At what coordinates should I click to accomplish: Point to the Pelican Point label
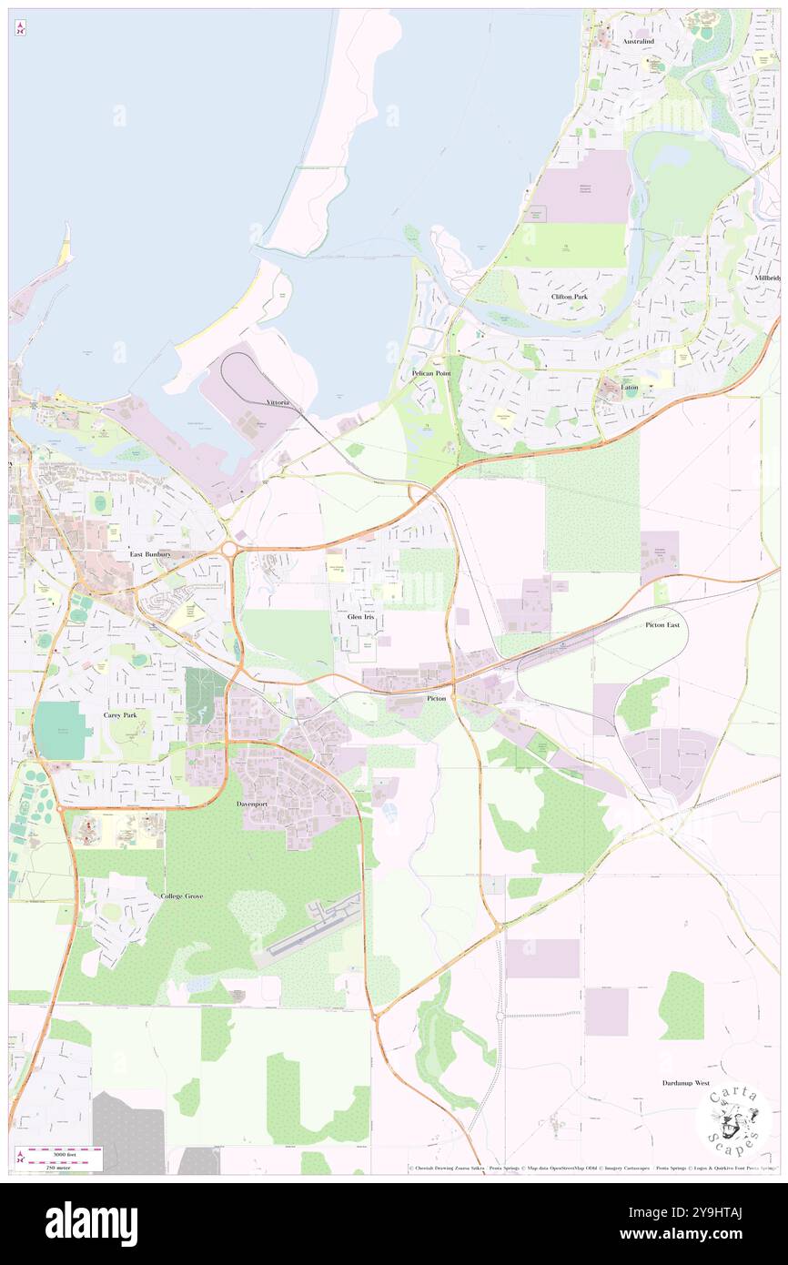pyautogui.click(x=430, y=373)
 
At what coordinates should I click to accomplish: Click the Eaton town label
pyautogui.click(x=630, y=388)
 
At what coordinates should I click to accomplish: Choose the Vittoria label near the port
pyautogui.click(x=278, y=401)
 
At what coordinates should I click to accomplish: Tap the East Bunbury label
pyautogui.click(x=150, y=553)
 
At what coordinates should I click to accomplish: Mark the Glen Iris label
pyautogui.click(x=360, y=617)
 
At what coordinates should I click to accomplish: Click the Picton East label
pyautogui.click(x=662, y=625)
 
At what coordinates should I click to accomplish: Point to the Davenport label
pyautogui.click(x=254, y=805)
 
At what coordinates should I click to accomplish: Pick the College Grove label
pyautogui.click(x=181, y=896)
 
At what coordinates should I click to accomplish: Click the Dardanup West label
pyautogui.click(x=685, y=1083)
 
